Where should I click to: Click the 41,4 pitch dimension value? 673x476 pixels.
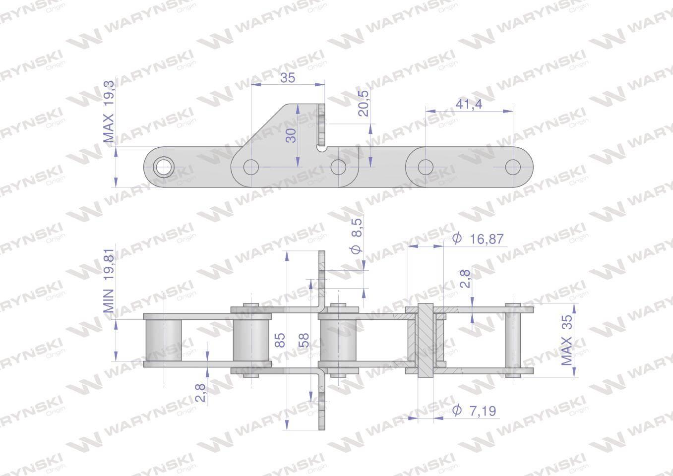coord(469,104)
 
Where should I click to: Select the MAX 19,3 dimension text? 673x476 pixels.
coord(109,112)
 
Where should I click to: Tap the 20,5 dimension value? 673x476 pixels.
coord(363,103)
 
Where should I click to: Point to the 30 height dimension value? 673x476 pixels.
coord(291,135)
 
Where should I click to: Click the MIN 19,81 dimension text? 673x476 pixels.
coord(109,281)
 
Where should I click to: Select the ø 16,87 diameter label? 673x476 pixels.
coord(478,239)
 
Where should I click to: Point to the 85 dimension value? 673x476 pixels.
coord(280,340)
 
